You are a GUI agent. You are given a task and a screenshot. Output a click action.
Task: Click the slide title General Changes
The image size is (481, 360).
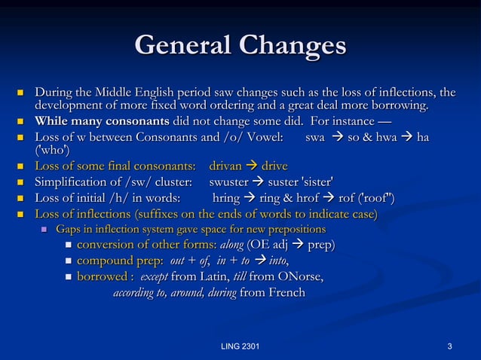coord(240,45)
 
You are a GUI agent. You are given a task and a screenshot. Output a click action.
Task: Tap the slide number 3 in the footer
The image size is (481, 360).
coord(449,346)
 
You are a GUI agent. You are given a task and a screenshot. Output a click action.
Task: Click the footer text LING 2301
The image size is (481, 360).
coord(240,346)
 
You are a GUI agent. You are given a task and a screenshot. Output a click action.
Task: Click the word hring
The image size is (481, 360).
coord(227,198)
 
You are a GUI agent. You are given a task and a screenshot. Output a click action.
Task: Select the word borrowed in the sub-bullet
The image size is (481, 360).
coord(101,277)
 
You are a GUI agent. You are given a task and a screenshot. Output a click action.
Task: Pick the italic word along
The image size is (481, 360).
coord(231,246)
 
